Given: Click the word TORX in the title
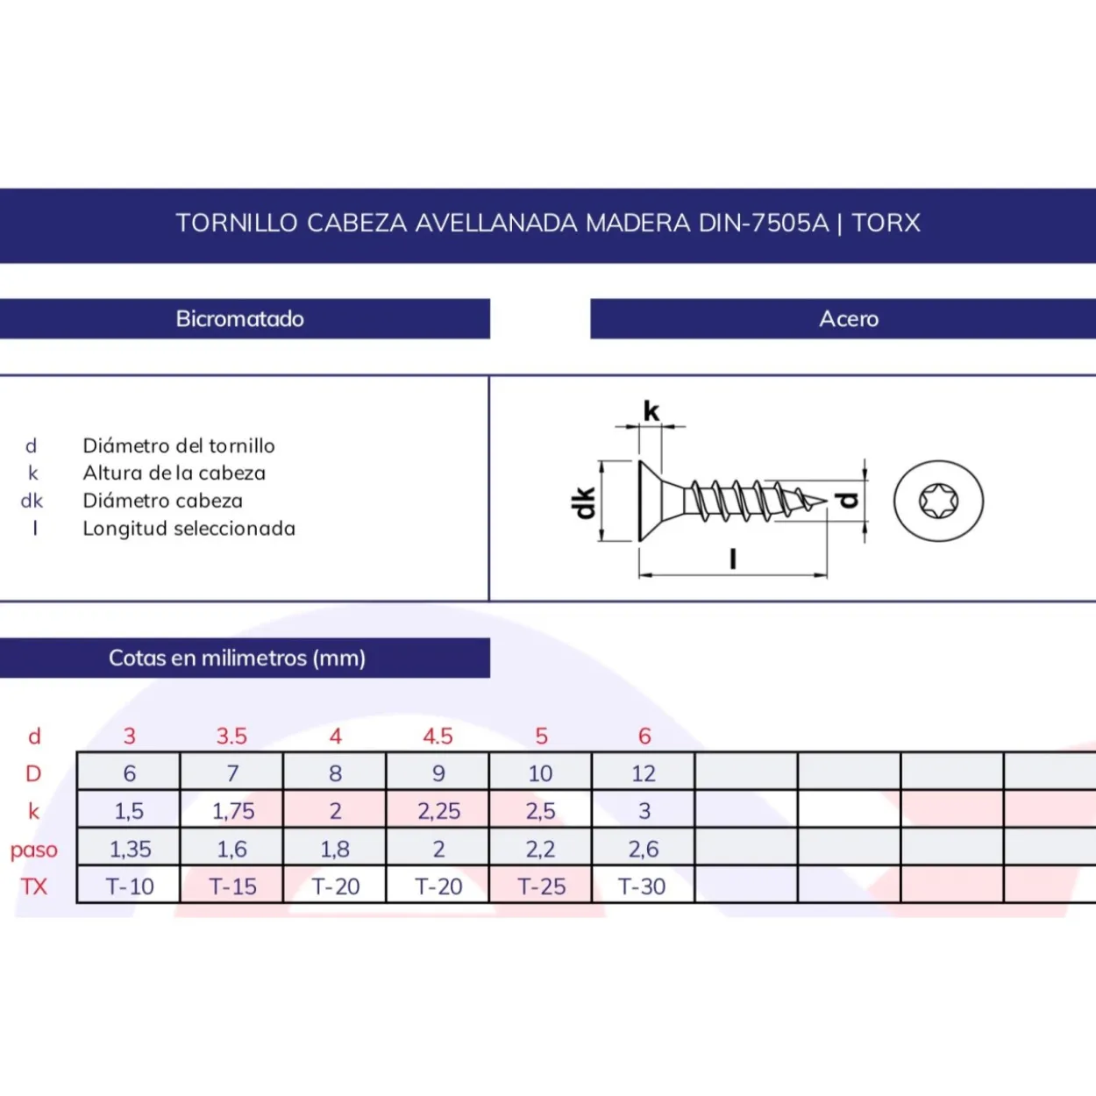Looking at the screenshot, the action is click(x=886, y=223).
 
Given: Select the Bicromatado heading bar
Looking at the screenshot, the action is click(x=245, y=318).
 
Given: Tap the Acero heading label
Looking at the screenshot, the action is click(x=849, y=318).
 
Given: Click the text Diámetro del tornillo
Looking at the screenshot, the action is click(x=179, y=446).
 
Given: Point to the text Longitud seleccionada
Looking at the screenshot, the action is click(x=189, y=529).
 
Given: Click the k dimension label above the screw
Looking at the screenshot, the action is click(x=651, y=410).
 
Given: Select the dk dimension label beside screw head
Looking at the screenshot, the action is click(x=584, y=502).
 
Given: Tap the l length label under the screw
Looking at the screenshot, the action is click(x=733, y=559).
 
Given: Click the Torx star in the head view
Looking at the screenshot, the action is click(x=938, y=501).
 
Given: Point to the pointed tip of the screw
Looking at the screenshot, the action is click(x=827, y=501).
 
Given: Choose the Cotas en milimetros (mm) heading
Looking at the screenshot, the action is click(x=237, y=658).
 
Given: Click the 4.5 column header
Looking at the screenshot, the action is click(x=438, y=737).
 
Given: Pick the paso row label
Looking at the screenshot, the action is click(x=34, y=850).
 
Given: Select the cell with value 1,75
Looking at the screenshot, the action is click(x=232, y=810).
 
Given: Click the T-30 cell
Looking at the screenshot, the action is click(x=644, y=886).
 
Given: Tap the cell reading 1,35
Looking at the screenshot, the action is click(x=129, y=848).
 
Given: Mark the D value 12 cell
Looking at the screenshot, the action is click(x=644, y=772).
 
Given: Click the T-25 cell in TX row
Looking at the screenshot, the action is click(x=540, y=886).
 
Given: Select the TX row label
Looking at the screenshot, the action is click(x=34, y=886).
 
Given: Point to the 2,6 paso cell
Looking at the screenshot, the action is click(x=644, y=848).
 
